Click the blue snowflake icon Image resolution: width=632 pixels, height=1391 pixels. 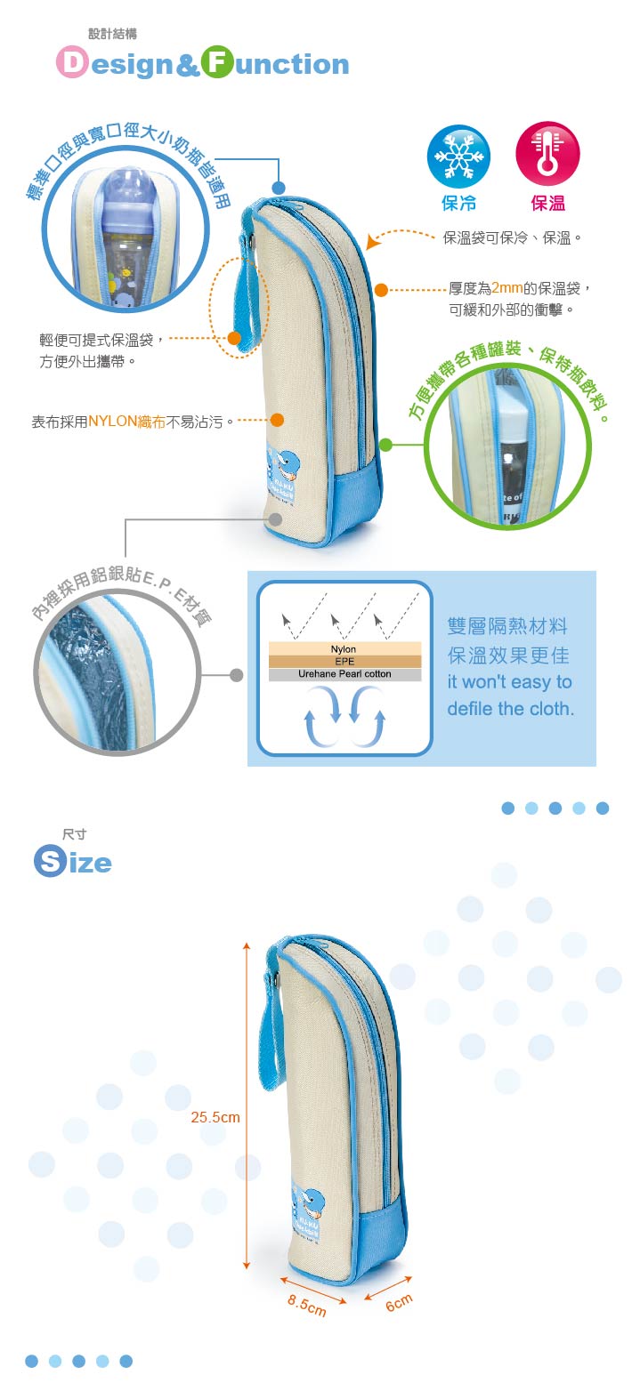[x=458, y=156]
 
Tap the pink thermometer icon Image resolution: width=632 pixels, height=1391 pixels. [x=547, y=155]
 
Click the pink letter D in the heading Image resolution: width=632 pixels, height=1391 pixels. [x=72, y=64]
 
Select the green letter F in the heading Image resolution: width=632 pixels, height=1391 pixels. [x=216, y=64]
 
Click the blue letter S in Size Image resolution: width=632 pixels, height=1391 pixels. [x=49, y=862]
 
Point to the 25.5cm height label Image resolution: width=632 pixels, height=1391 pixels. [x=215, y=1117]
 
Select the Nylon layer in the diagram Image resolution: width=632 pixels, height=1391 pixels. [x=344, y=649]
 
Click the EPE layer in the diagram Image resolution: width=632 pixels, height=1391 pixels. [x=344, y=662]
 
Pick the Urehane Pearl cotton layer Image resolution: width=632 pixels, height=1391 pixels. [x=344, y=674]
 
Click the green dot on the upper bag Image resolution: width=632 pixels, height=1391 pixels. [x=385, y=444]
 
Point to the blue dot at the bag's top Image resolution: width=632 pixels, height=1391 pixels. [x=279, y=189]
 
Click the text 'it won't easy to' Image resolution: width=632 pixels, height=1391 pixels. [x=509, y=682]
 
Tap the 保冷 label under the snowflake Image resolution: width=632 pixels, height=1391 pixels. [x=458, y=204]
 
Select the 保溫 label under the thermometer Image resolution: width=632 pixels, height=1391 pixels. [x=547, y=204]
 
